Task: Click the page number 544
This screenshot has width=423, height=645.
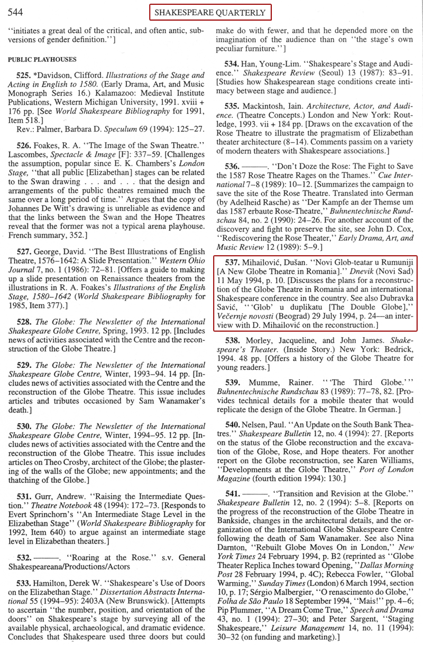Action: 14,12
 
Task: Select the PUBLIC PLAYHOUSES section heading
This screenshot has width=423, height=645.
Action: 42,59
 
